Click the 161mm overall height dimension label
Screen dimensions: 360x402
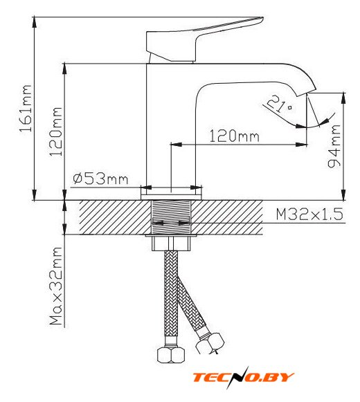click(x=26, y=108)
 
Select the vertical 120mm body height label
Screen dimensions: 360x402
click(x=55, y=131)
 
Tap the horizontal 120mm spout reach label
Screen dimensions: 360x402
click(x=234, y=136)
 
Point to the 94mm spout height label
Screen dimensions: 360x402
click(x=334, y=146)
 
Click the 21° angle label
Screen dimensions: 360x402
click(x=280, y=104)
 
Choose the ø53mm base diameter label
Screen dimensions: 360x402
click(x=100, y=179)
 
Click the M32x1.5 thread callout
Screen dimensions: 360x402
click(x=309, y=214)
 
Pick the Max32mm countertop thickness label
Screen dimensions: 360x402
click(x=56, y=286)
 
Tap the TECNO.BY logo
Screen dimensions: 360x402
click(x=243, y=377)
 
